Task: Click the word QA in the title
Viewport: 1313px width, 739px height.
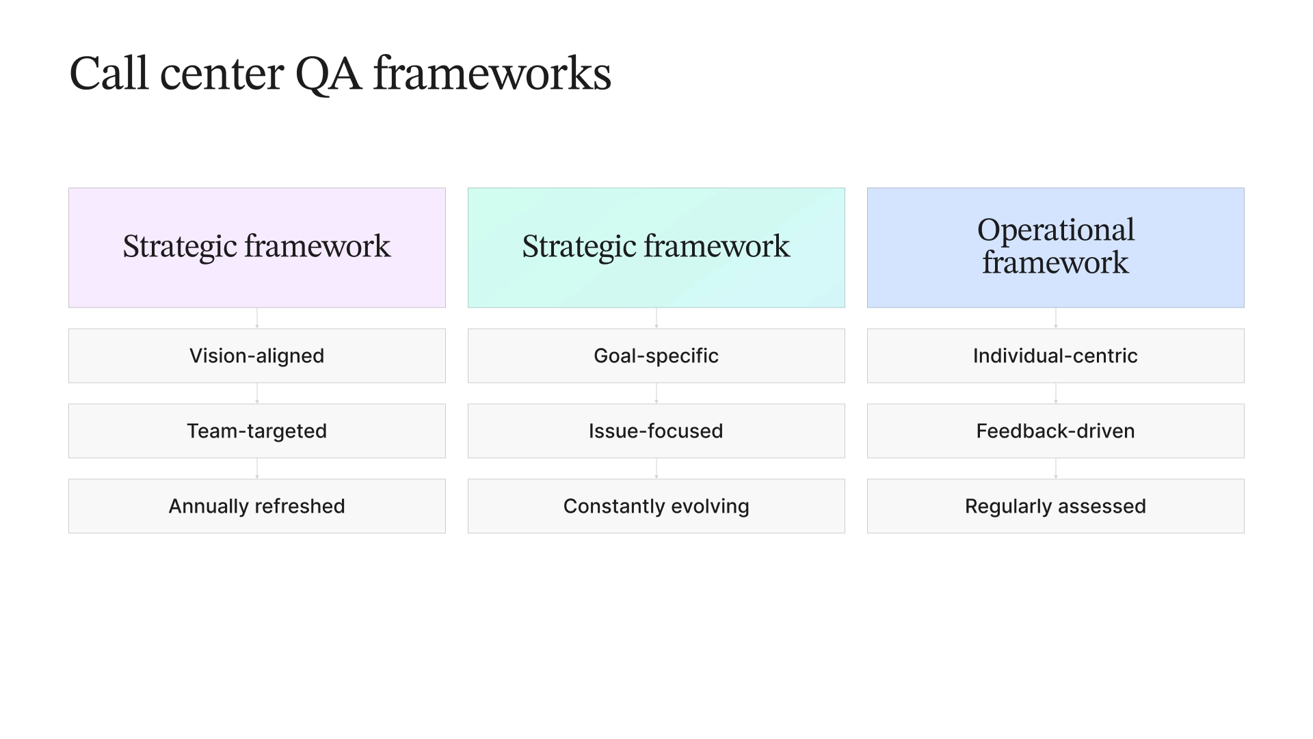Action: tap(328, 74)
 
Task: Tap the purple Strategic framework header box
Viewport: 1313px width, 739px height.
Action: tap(256, 247)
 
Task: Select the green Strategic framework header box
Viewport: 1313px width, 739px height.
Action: tap(656, 247)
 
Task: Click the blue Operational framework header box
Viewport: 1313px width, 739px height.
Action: tap(1055, 247)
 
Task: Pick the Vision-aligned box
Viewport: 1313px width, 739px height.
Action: tap(256, 355)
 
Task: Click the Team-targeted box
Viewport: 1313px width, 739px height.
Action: tap(256, 431)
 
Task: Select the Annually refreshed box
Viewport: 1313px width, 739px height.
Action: tap(256, 506)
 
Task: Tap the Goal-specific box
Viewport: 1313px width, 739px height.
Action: tap(656, 355)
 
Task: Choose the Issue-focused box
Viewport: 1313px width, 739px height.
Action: tap(656, 431)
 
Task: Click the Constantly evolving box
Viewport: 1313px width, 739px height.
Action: tap(656, 506)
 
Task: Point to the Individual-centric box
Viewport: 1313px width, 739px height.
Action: tap(1055, 355)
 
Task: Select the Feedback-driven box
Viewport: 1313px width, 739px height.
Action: tap(1055, 431)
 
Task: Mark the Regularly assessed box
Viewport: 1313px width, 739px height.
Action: tap(1055, 506)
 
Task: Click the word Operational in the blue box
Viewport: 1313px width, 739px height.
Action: tap(1055, 230)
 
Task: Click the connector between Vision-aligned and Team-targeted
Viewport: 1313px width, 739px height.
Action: tap(257, 393)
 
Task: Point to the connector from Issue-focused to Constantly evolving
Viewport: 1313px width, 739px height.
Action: tap(656, 468)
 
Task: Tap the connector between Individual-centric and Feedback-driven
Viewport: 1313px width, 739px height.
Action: tap(1056, 393)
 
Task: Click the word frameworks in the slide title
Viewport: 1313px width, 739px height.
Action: tap(492, 74)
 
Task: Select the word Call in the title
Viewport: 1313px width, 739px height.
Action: tap(109, 74)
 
